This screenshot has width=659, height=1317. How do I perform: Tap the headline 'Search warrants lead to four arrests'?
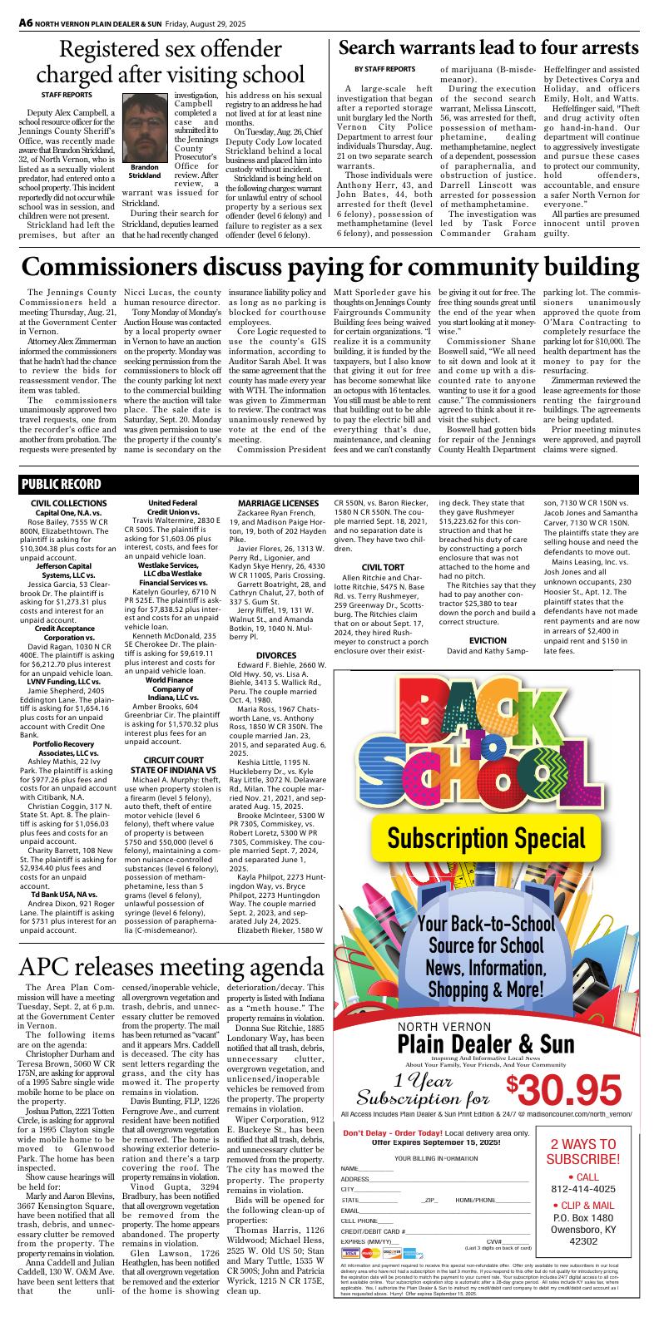pos(488,47)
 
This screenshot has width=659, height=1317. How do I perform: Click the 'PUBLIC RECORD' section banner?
pos(62,485)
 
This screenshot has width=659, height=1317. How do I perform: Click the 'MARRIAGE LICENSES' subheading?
pos(277,504)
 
